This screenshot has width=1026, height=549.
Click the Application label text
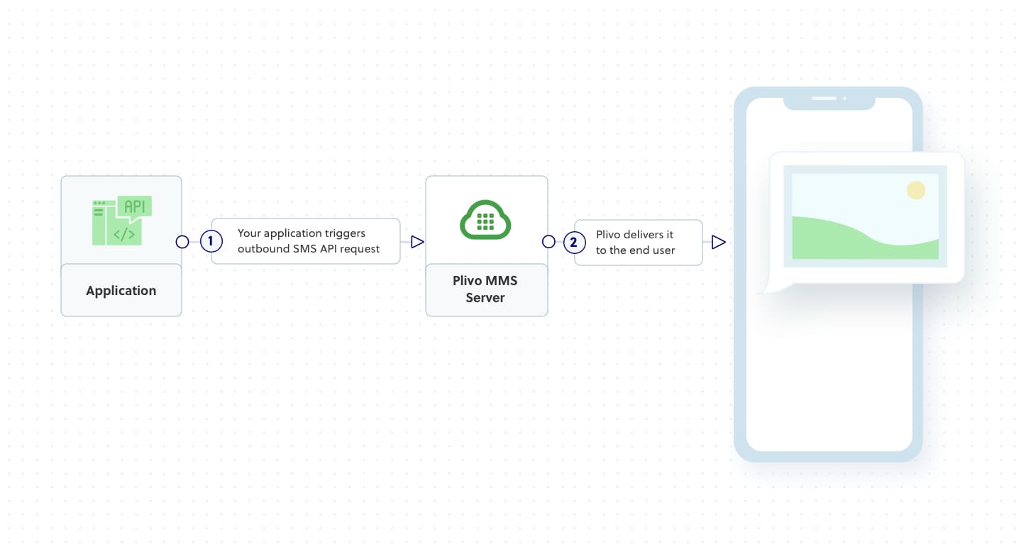coord(121,291)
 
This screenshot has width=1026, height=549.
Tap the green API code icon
coord(122,221)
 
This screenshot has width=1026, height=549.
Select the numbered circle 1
coord(211,242)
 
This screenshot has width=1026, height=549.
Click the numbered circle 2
coord(574,242)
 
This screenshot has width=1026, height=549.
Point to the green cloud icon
coord(486,220)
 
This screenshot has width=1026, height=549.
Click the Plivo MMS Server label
coord(485,289)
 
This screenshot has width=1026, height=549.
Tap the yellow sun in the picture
coord(916,190)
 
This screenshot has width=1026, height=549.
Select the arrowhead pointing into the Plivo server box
coord(417,242)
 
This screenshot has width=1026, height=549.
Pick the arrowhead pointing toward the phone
coord(718,242)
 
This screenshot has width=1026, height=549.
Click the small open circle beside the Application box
coord(182,242)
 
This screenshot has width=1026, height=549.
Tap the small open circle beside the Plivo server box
coord(548,242)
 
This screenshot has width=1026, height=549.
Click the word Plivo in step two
coord(609,235)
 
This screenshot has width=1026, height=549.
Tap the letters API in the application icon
coord(134,206)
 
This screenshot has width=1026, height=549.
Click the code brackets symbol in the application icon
coord(124,233)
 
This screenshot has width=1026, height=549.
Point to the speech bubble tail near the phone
coord(765,287)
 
